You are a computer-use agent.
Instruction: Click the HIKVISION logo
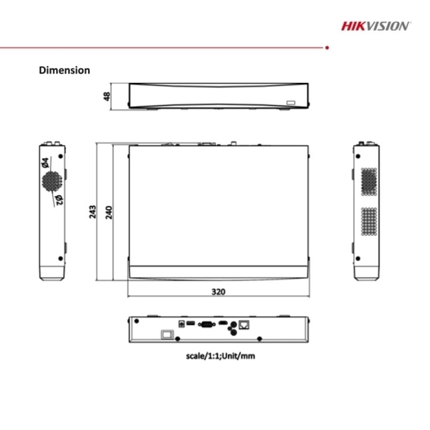click(x=376, y=25)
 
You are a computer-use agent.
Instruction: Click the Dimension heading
click(x=64, y=70)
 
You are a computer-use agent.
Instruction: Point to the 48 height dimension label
click(x=107, y=96)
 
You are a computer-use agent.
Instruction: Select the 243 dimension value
click(x=92, y=211)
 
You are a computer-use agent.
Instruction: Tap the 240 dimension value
click(x=109, y=211)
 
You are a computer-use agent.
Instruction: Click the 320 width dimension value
click(x=218, y=291)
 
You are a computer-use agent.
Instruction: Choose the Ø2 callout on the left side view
click(x=59, y=199)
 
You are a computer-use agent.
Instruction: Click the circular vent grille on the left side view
click(x=52, y=182)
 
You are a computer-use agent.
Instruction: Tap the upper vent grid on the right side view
click(x=369, y=181)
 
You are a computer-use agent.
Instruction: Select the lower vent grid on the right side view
click(x=369, y=221)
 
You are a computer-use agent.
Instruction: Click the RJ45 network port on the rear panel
click(x=246, y=325)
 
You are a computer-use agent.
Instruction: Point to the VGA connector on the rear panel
click(x=206, y=324)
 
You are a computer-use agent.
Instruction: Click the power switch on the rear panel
click(x=167, y=334)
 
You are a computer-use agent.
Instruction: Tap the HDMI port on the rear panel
click(x=221, y=324)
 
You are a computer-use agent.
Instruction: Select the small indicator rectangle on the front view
click(x=291, y=102)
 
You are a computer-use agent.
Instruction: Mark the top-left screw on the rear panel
click(x=137, y=321)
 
